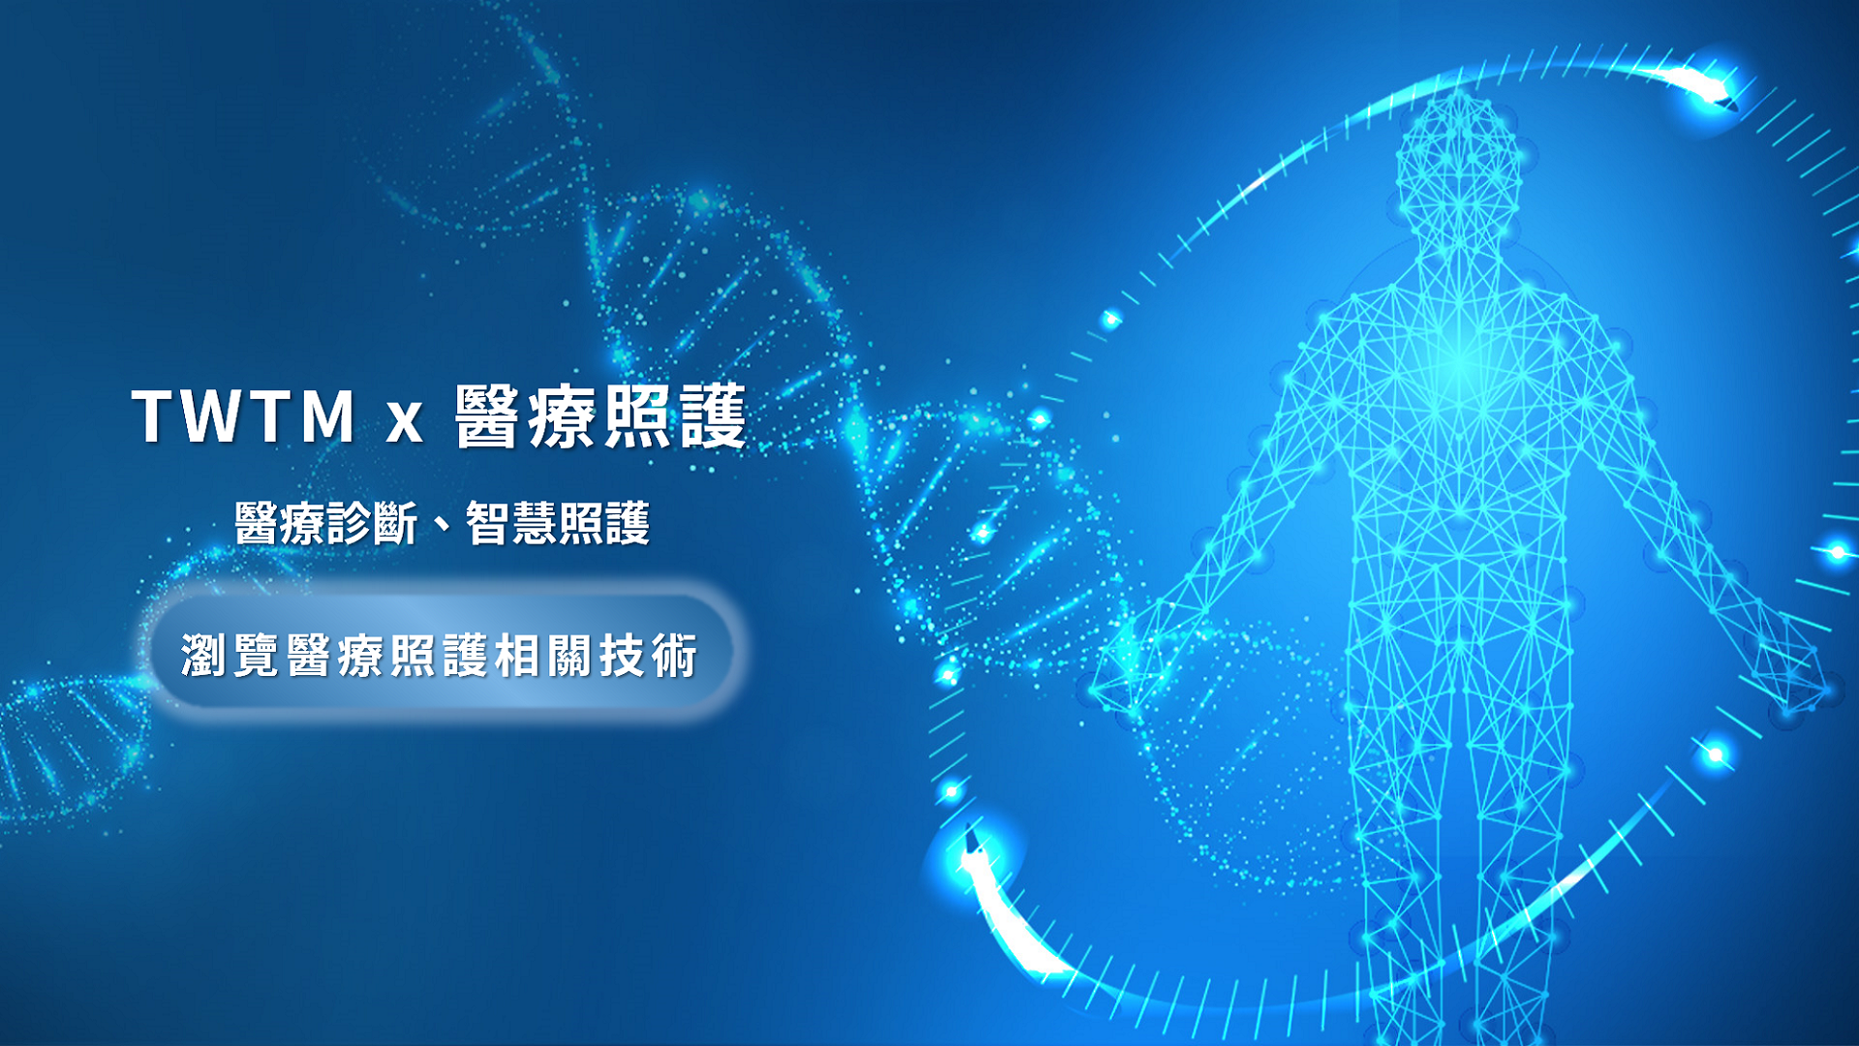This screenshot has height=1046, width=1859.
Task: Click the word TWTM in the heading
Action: (244, 417)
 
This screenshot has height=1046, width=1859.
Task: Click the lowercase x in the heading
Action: (405, 423)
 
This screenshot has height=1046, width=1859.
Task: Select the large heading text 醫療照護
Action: (600, 417)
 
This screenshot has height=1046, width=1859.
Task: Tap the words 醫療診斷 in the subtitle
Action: (325, 524)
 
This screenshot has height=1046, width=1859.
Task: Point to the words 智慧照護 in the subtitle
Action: (558, 524)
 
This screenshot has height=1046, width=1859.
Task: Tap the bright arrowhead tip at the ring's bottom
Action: (968, 835)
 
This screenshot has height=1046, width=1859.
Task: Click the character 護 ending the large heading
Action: (713, 417)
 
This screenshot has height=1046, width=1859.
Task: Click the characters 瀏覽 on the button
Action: (229, 656)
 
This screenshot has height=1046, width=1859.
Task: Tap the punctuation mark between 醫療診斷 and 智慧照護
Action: (442, 527)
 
